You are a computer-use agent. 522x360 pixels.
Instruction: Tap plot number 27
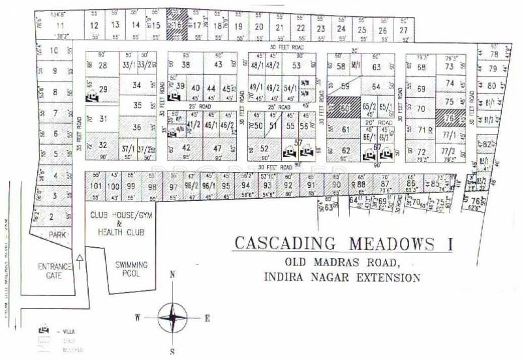[x=404, y=30]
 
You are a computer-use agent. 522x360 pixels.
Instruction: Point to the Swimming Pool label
[x=132, y=269]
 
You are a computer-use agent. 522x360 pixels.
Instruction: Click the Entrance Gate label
[x=54, y=271]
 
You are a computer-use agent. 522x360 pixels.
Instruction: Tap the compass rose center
[x=173, y=317]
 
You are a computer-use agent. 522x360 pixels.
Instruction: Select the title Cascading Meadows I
[x=343, y=245]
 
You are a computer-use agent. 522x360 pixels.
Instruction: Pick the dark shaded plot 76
[x=449, y=119]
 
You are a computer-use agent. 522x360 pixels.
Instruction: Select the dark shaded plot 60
[x=346, y=107]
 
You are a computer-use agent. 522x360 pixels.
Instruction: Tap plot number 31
[x=102, y=119]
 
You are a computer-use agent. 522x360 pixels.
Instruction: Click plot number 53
[x=297, y=65]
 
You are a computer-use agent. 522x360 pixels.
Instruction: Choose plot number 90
[x=336, y=185]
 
